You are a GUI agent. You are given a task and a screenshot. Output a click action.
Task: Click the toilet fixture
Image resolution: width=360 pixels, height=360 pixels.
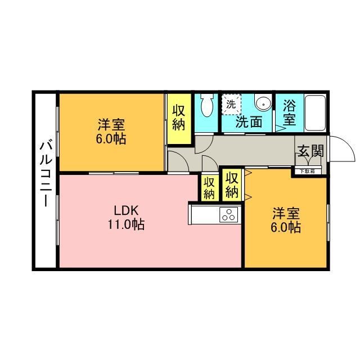[x=206, y=105]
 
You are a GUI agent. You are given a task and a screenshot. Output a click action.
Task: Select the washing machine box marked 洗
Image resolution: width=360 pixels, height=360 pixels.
[x=231, y=103]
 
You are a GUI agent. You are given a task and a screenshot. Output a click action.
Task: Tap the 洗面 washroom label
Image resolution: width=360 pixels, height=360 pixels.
[x=249, y=121]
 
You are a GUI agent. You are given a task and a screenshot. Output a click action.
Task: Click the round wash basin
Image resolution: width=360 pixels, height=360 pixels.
[x=262, y=103]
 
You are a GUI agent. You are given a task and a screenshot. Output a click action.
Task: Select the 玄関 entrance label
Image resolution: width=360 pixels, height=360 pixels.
[x=310, y=151]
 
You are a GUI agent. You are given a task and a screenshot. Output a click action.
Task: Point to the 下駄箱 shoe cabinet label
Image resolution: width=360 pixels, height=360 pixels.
[x=307, y=171]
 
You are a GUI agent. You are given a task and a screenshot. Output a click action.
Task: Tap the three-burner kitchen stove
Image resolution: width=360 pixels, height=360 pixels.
[x=229, y=214]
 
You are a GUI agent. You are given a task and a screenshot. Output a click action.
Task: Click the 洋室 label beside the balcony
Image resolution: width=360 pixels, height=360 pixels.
[x=110, y=124]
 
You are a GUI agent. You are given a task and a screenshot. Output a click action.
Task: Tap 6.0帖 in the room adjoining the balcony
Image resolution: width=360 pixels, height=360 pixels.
[x=110, y=138]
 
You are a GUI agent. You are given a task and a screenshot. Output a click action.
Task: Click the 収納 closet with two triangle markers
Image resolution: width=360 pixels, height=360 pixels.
[x=232, y=184]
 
